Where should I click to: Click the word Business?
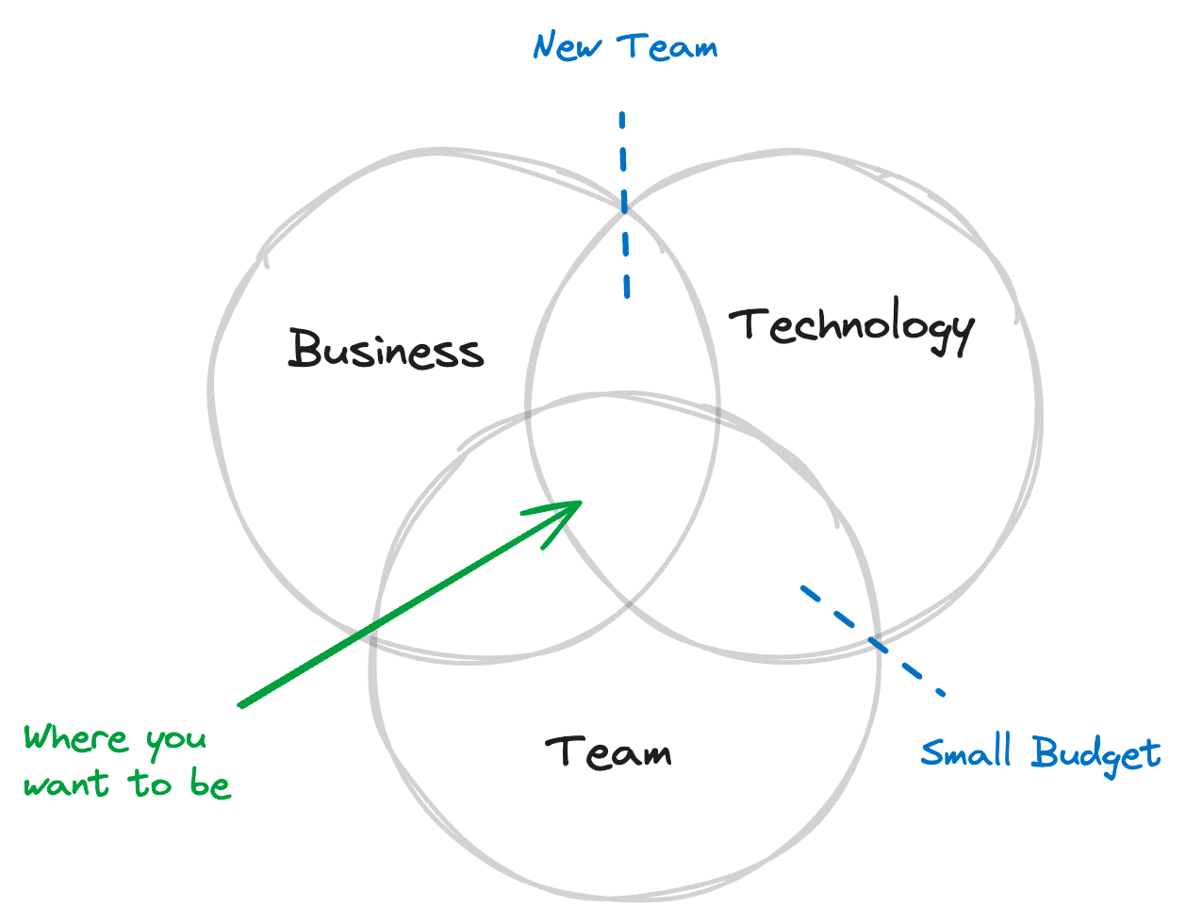(x=386, y=349)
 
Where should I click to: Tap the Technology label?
(x=852, y=326)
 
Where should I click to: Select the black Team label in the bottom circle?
(x=609, y=751)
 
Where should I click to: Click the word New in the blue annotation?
(x=568, y=46)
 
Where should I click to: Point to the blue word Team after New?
(x=667, y=46)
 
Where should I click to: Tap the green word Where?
(x=75, y=737)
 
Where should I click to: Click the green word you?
(x=176, y=741)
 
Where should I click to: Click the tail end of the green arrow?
(x=242, y=703)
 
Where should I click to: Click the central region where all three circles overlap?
(x=623, y=490)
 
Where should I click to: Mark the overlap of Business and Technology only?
(x=623, y=321)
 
